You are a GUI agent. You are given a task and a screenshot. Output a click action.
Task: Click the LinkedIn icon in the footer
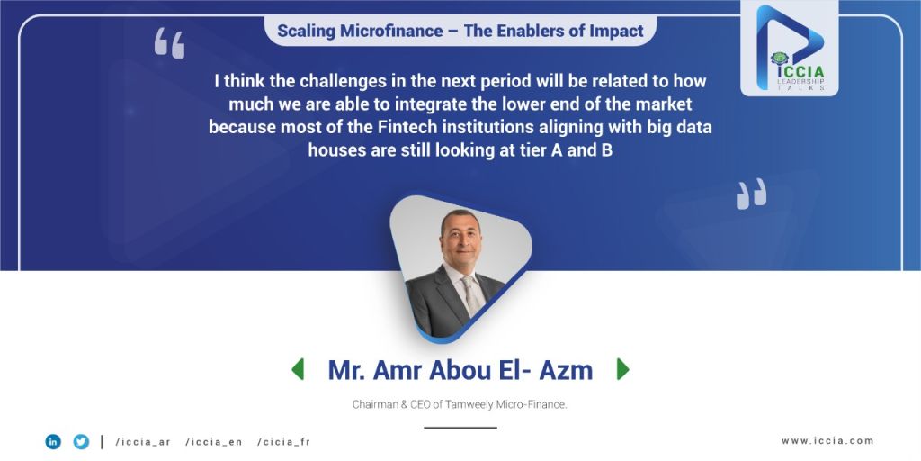click(x=53, y=441)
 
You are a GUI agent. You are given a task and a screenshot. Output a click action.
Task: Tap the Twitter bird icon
click(x=81, y=441)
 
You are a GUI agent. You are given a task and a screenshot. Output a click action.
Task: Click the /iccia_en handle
click(x=214, y=442)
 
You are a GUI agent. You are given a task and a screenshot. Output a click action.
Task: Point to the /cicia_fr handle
click(x=283, y=442)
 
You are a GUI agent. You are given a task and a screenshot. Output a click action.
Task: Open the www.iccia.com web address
click(x=827, y=441)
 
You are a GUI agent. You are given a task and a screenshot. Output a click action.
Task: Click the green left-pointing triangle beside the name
click(x=298, y=369)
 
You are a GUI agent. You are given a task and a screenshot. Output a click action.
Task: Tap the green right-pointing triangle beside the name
click(x=622, y=369)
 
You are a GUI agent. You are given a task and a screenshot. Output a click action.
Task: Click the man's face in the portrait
click(x=460, y=238)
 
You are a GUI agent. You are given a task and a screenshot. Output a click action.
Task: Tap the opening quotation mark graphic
click(x=170, y=43)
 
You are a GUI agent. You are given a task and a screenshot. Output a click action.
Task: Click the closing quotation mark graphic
click(x=751, y=194)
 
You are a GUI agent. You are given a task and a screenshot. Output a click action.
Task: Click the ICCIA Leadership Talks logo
click(x=790, y=49)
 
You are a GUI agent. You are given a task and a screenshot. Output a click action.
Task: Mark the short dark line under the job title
click(x=460, y=428)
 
